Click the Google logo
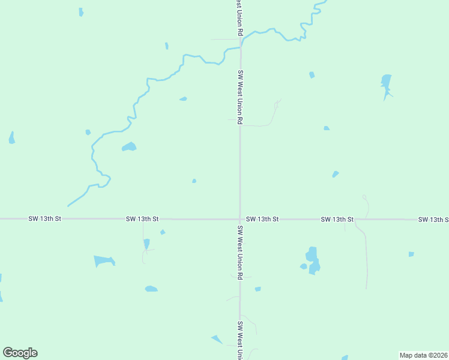[20, 353]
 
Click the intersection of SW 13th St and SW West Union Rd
[240, 219]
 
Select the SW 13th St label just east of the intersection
[262, 220]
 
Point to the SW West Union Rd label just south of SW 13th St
[240, 252]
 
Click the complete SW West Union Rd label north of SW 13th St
[240, 96]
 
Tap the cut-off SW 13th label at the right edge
[433, 220]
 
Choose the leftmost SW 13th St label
[45, 219]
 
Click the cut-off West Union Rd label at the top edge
[240, 17]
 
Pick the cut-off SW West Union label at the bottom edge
[240, 340]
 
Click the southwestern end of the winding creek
[68, 206]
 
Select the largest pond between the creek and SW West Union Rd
[129, 146]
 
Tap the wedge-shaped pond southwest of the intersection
[104, 261]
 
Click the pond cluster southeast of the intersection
[312, 260]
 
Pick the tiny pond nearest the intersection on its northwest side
[194, 181]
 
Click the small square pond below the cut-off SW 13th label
[411, 254]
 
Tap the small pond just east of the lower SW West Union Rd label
[258, 289]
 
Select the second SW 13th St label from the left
[142, 219]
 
